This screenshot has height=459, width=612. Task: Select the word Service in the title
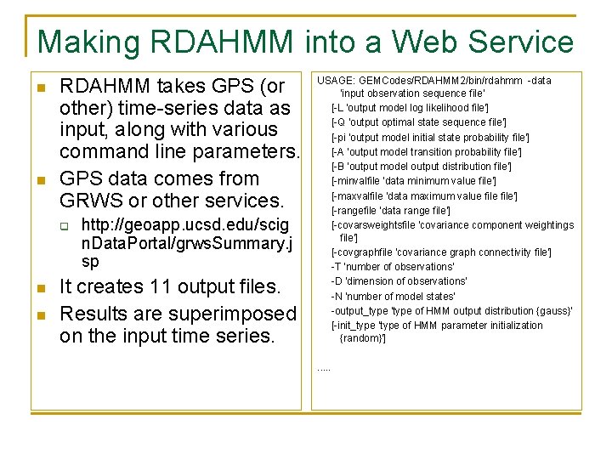point(521,42)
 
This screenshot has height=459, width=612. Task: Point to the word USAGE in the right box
point(335,81)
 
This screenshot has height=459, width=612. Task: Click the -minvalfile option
point(356,181)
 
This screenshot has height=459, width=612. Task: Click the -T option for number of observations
point(337,267)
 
